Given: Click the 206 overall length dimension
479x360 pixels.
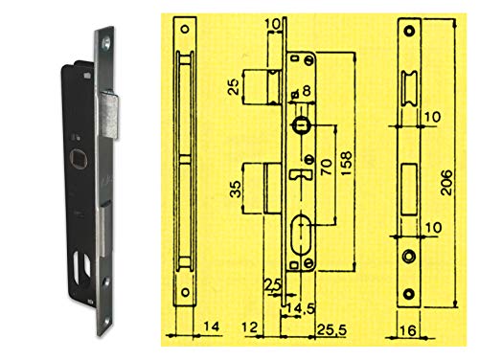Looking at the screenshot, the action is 446,183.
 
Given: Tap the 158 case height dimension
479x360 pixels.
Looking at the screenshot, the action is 347,164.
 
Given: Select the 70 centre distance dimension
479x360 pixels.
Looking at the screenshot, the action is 326,167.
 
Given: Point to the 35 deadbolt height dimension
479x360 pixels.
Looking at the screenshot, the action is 236,189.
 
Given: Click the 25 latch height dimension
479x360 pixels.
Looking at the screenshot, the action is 234,87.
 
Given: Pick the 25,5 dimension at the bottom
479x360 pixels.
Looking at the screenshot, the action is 331,330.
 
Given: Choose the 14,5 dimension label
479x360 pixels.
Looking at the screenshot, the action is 300,308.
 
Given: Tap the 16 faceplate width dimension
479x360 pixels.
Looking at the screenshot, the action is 407,330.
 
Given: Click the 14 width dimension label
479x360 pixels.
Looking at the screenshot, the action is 212,326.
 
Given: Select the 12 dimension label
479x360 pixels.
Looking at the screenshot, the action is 250,327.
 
